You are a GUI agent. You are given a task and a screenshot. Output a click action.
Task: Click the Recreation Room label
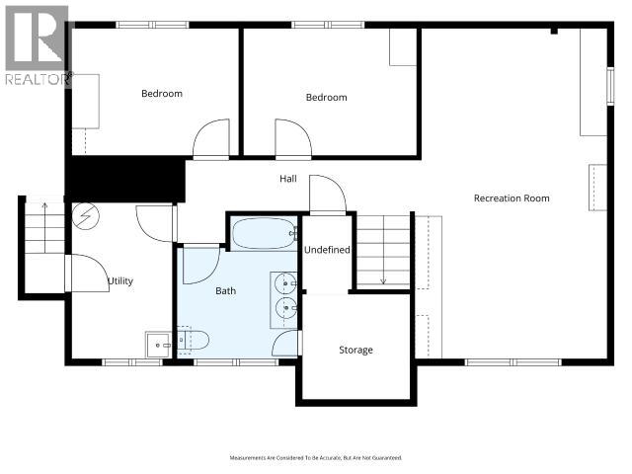pos(511,198)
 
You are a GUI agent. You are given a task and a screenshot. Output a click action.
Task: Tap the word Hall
pos(287,179)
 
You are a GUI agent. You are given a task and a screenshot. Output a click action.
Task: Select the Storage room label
pos(355,350)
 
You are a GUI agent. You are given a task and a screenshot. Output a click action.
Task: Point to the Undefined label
pos(327,250)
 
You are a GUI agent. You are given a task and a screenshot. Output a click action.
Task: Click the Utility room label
pos(120,281)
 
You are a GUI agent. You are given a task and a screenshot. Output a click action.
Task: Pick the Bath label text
pos(226,291)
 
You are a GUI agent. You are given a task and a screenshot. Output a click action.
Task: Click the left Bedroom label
pos(161,94)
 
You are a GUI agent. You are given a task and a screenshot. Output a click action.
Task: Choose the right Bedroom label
pos(326,97)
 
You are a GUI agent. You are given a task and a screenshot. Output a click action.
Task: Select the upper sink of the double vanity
pos(285,284)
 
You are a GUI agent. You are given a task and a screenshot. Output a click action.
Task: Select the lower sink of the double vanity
pos(285,309)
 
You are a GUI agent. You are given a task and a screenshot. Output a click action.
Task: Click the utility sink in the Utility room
pos(157,345)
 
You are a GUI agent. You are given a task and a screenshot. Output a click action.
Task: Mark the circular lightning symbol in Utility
pos(84,214)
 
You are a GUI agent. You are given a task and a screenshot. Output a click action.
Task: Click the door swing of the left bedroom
pos(211,141)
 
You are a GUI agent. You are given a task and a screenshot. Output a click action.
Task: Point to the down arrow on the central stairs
pos(383,277)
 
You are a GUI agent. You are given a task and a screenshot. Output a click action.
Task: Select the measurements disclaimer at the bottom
pos(315,458)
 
